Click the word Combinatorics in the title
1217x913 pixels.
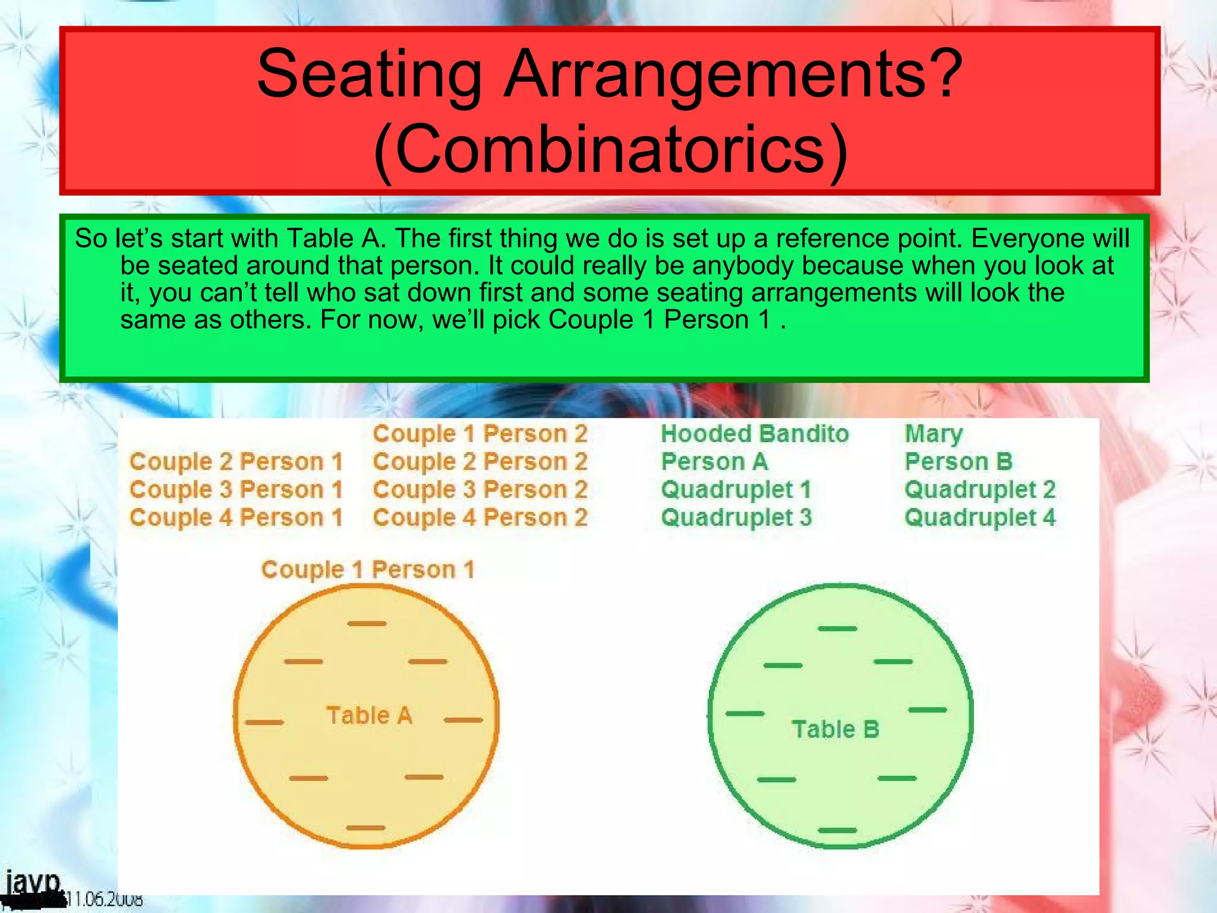(x=610, y=149)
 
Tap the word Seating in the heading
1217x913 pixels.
(x=368, y=74)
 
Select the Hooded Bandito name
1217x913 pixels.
(x=755, y=434)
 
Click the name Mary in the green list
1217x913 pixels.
(x=933, y=434)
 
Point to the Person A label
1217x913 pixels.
(x=714, y=462)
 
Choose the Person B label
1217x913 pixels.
(x=958, y=462)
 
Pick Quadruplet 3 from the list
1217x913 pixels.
(x=736, y=518)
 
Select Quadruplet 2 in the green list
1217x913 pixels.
(x=980, y=490)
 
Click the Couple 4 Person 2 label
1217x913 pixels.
(x=480, y=518)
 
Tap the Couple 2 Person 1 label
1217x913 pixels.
(x=237, y=462)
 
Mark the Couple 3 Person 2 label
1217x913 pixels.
(x=480, y=490)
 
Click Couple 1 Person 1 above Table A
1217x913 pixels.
(x=368, y=569)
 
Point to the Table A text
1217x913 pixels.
(x=369, y=716)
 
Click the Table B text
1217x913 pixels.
(x=835, y=729)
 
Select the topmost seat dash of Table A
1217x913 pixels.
(x=367, y=624)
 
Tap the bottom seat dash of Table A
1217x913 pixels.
(x=365, y=827)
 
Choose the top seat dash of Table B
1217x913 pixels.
(x=837, y=628)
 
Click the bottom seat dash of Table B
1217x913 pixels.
(x=837, y=830)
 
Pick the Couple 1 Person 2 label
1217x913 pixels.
(x=480, y=434)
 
